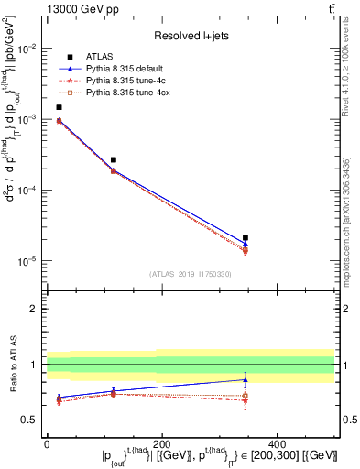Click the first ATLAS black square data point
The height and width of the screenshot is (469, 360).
(59, 107)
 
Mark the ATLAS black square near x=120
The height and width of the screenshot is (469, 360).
(114, 159)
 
